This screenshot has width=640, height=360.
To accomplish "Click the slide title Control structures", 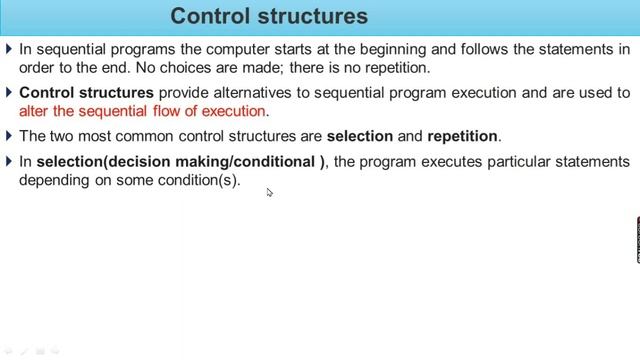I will click(269, 16).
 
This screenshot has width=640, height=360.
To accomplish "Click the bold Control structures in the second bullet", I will click(87, 92).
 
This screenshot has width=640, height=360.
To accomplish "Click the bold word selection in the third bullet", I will click(359, 136).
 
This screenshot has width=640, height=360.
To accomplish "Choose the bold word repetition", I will click(462, 136).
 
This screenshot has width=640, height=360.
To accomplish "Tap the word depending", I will click(56, 180).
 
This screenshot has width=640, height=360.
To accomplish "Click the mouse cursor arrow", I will click(270, 193).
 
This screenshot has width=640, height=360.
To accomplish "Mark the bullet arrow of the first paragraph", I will click(10, 49).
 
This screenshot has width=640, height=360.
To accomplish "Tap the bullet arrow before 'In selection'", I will click(10, 161).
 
